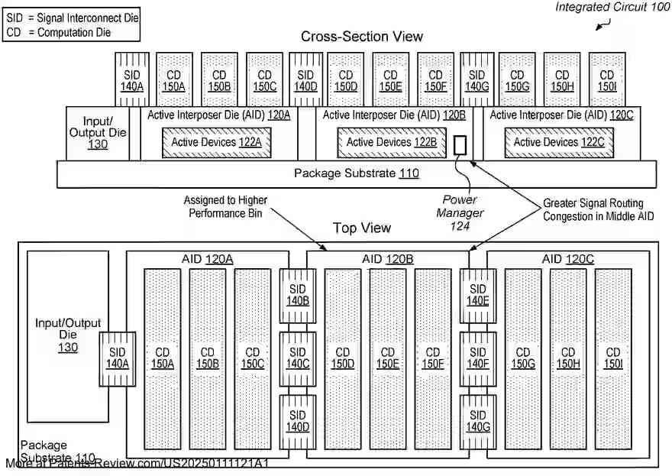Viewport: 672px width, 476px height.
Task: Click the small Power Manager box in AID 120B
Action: [x=460, y=145]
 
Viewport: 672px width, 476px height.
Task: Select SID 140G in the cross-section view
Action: [x=477, y=80]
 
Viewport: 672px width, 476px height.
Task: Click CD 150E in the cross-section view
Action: [x=390, y=80]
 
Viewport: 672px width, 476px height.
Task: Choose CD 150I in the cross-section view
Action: [x=607, y=80]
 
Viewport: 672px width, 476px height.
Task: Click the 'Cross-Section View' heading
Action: [x=361, y=36]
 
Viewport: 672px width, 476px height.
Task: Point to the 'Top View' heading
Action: [x=361, y=228]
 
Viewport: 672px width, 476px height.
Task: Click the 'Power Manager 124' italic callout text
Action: [x=460, y=212]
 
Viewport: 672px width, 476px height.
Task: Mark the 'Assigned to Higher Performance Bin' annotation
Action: [x=225, y=206]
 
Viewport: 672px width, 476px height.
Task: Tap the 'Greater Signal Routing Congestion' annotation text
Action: [x=593, y=210]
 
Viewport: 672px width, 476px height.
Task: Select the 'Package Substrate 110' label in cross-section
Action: [x=356, y=173]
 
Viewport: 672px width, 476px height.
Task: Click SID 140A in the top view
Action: [x=118, y=358]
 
